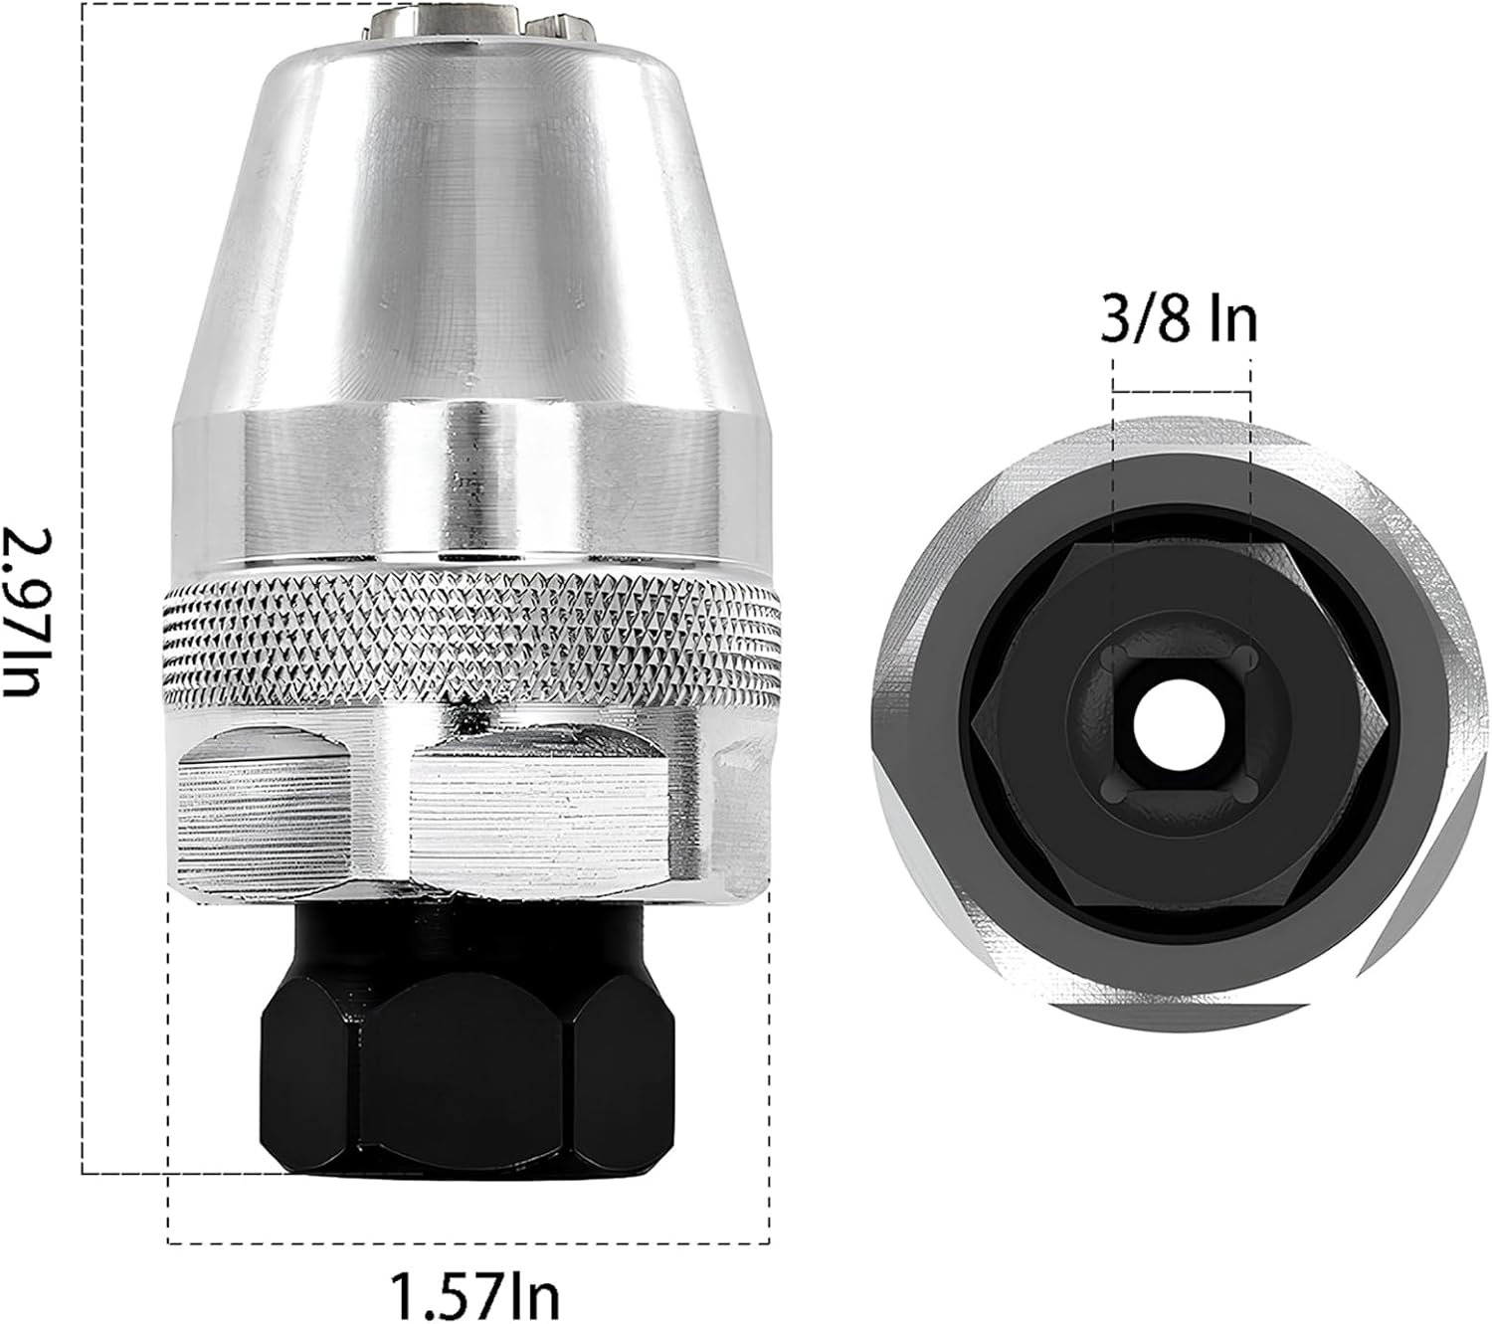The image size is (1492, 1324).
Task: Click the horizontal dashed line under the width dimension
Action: (467, 1242)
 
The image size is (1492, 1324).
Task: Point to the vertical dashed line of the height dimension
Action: (83, 597)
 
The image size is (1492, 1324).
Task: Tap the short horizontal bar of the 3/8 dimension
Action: (1181, 392)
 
